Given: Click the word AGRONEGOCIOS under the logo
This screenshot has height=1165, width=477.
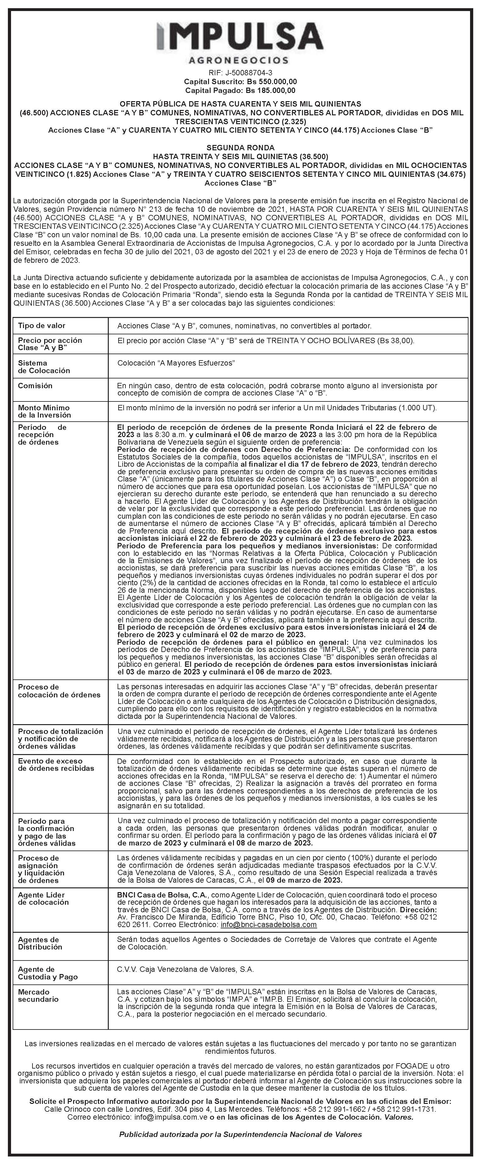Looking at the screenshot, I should coord(238,60).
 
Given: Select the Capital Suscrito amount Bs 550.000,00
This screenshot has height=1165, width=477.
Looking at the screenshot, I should coord(271,81).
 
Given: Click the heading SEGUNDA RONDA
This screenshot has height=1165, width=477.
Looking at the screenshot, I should coord(240,148).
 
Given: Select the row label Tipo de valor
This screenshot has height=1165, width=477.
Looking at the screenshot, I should coord(42,326).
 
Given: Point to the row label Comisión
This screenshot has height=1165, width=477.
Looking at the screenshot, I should coord(35,386).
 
